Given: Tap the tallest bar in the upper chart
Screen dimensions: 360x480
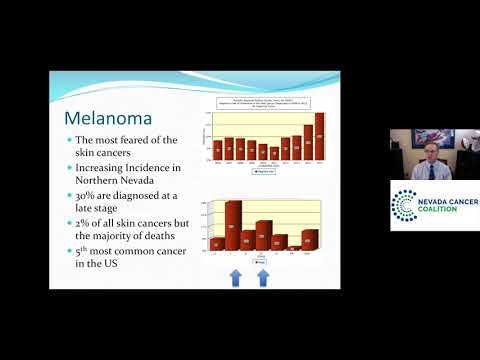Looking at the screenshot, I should [x=320, y=135].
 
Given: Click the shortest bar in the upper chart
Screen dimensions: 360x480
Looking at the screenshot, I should [x=263, y=152].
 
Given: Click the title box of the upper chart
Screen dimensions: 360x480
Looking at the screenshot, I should [x=267, y=100].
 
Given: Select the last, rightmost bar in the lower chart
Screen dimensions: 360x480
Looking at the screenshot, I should [x=310, y=239].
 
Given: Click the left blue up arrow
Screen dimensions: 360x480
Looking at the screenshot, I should [x=233, y=275].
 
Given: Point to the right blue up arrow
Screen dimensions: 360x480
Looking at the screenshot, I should [x=263, y=275].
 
